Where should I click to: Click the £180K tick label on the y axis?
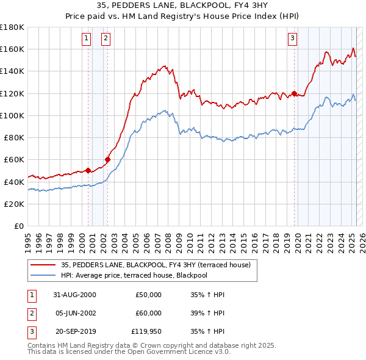pyautogui.click(x=12, y=27)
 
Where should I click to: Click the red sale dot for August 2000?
pyautogui.click(x=88, y=170)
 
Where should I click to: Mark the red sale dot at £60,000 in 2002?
pyautogui.click(x=107, y=159)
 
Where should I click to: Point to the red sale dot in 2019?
pyautogui.click(x=294, y=93)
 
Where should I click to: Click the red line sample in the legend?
pyautogui.click(x=43, y=264)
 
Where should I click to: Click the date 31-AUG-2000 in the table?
pyautogui.click(x=75, y=295)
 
